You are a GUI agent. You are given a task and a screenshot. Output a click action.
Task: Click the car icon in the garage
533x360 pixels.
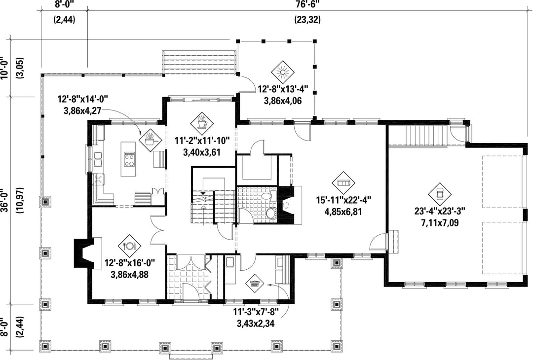pos(440,194)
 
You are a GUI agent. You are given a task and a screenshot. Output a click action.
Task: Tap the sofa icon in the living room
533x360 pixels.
pos(343,183)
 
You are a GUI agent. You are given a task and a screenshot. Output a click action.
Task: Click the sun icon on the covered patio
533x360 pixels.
pos(283,72)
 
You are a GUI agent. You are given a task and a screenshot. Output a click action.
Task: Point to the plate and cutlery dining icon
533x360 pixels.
pos(129,246)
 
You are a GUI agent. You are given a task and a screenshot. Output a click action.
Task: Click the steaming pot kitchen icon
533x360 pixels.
pos(150,139)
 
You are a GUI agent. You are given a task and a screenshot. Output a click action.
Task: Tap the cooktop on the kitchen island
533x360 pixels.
pos(129,160)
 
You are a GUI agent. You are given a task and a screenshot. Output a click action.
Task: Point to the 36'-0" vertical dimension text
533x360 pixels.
pos(5,200)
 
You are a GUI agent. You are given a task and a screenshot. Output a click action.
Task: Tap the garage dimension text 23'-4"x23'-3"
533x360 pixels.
pos(440,211)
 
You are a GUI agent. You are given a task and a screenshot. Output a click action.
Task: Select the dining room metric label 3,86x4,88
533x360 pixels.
pos(129,274)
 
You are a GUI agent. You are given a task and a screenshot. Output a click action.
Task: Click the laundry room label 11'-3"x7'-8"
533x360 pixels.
pos(256,312)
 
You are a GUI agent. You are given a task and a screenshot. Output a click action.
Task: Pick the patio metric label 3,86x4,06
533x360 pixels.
pos(283,101)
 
